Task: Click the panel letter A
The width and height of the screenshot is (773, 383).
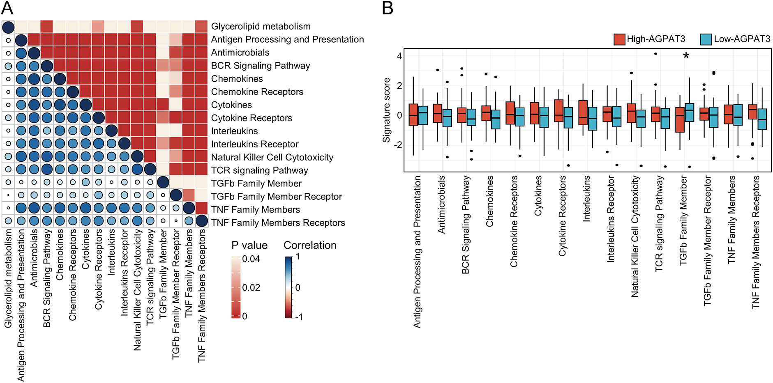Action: pos(7,7)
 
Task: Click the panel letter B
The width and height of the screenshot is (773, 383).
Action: pos(388,7)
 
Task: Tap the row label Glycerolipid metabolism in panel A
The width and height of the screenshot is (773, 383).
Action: pos(261,26)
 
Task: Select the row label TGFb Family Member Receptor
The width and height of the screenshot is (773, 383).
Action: pos(276,197)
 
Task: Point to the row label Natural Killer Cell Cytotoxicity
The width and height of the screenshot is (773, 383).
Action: pos(272,157)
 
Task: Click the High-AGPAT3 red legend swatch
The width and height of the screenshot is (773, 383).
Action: pos(619,39)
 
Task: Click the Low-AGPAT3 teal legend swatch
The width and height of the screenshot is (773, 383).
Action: pos(706,39)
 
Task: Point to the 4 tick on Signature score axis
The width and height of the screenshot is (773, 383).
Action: pos(399,56)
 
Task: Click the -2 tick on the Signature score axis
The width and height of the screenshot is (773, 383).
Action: pos(397,145)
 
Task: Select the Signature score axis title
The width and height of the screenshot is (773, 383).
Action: pos(386,110)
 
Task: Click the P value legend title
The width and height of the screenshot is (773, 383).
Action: pos(249,245)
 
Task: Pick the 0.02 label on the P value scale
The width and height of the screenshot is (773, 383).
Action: pos(251,287)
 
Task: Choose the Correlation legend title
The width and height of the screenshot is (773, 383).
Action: pos(310,245)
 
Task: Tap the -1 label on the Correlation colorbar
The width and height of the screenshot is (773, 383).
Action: pos(299,316)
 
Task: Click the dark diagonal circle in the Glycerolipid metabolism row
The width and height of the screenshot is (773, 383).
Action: pos(8,28)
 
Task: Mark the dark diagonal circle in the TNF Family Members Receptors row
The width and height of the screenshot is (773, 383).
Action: pos(201,221)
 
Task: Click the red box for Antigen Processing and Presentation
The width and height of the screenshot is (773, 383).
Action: pos(413,115)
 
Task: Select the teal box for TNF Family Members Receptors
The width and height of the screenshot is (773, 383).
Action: pos(762,119)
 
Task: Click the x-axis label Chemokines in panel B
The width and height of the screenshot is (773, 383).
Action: pos(489,201)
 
